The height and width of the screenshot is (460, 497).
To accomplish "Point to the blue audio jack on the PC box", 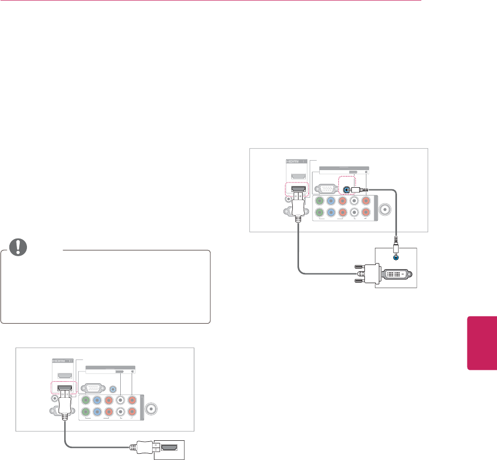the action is [x=396, y=255].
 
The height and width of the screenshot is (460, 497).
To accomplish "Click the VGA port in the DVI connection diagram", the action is [x=326, y=189].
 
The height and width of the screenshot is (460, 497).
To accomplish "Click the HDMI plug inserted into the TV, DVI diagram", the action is [x=299, y=203].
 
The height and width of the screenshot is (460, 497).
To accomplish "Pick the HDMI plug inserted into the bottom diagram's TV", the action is [x=64, y=402].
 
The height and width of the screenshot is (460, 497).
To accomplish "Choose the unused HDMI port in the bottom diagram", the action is [x=64, y=375].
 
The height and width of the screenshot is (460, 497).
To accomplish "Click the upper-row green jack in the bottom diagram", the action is [x=85, y=400].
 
